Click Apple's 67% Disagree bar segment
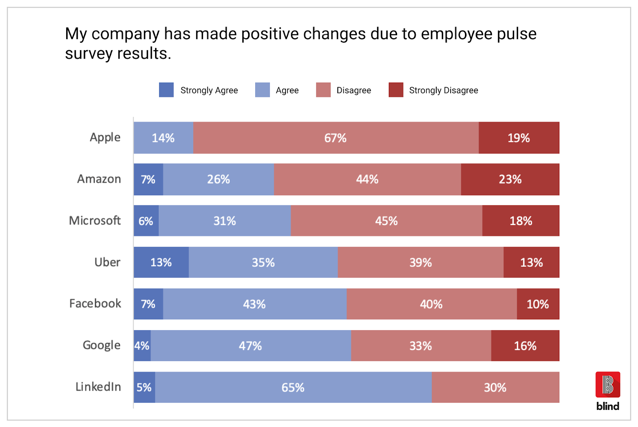pos(336,138)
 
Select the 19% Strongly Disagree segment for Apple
pos(519,138)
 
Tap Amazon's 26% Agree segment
pos(219,179)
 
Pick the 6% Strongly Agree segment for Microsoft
pos(146,220)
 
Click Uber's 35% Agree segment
pos(263,262)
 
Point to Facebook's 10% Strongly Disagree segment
pos(538,304)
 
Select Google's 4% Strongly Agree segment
pos(142,345)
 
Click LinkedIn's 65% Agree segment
pos(293,387)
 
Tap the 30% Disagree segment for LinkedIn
pos(495,387)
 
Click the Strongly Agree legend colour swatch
pos(166,90)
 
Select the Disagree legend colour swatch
pos(323,90)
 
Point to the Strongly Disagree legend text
pos(443,91)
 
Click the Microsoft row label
pos(95,220)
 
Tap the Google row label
pos(101,345)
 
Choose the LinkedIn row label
pos(98,387)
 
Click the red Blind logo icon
pos(608,384)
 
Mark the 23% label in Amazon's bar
pos(510,179)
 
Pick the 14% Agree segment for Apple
pos(163,138)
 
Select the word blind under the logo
pos(608,406)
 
